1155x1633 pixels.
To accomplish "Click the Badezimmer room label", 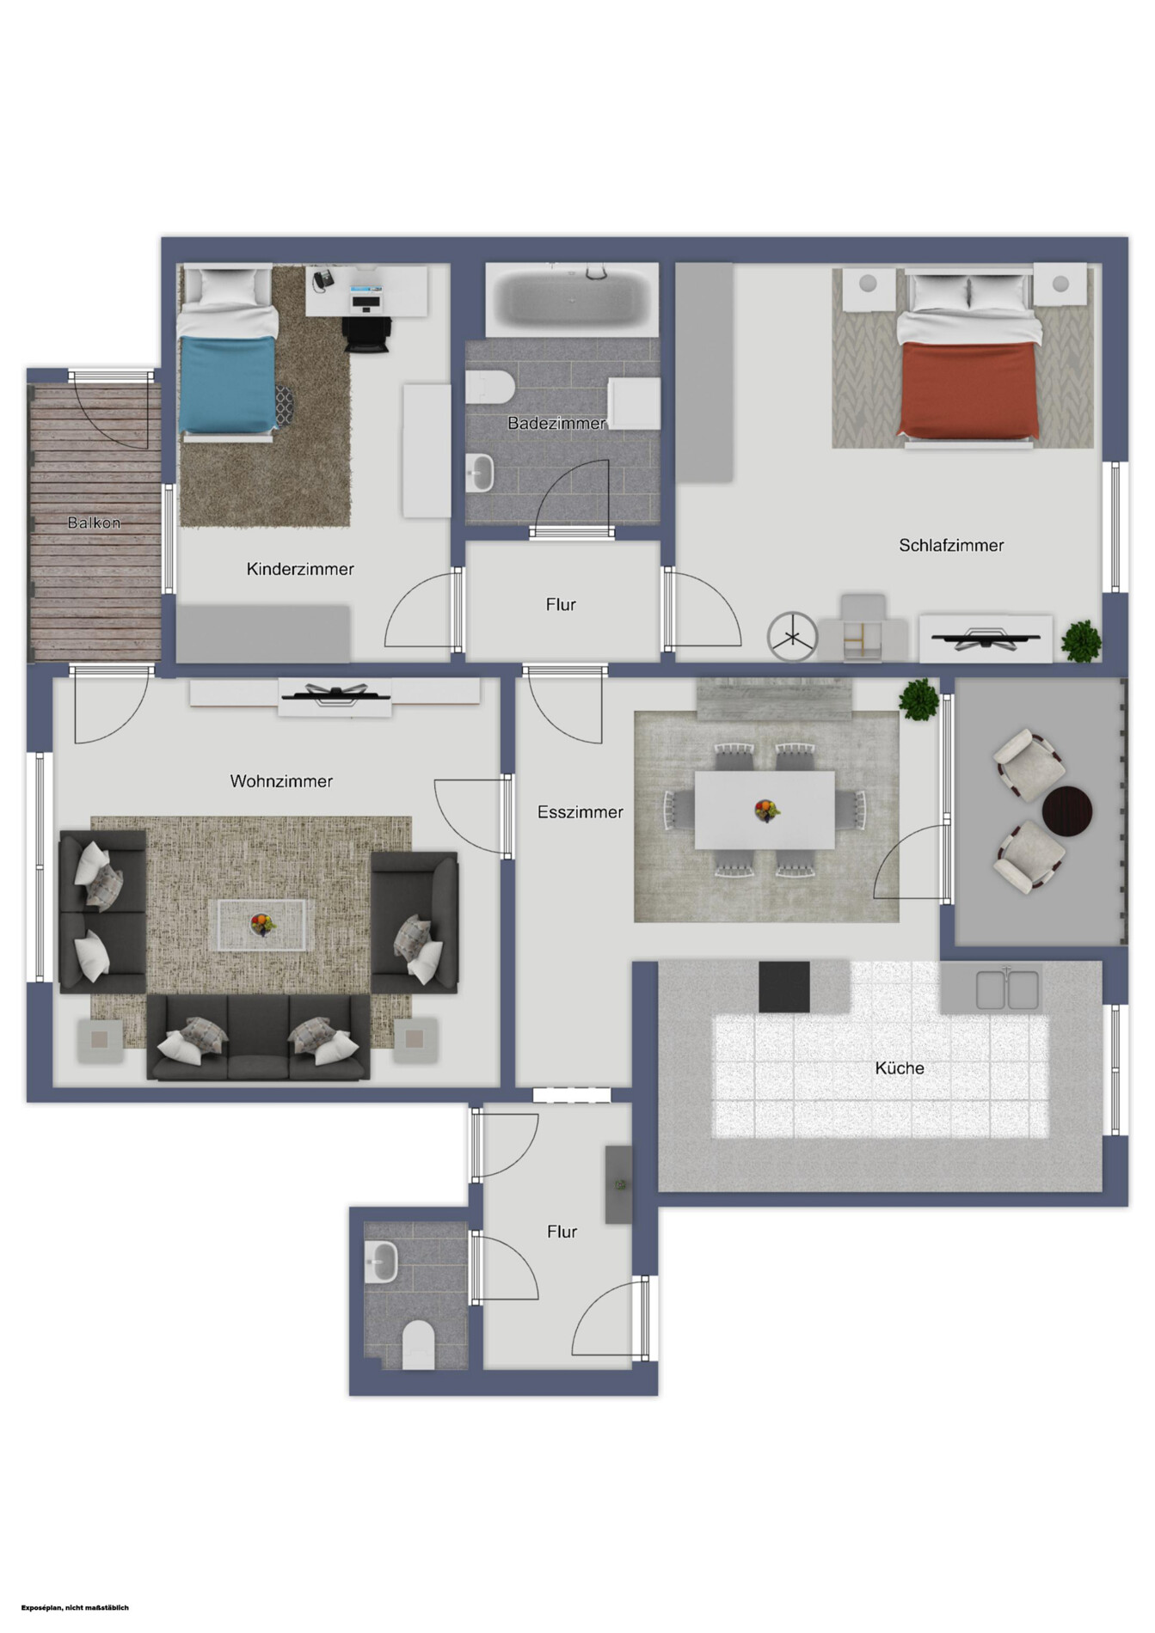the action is coord(556,423).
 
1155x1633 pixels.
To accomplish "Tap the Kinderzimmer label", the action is coord(300,569).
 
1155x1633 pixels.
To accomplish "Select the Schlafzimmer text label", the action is coord(951,545).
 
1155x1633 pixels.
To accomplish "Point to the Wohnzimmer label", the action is coord(281,781).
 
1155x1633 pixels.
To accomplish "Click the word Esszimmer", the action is coord(581,812).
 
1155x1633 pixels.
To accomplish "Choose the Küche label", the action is coord(900,1068).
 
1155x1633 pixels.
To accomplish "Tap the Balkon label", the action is coord(95,523).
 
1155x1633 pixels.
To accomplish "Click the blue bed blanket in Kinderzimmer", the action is coord(228,384).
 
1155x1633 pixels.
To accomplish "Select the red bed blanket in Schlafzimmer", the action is coord(967,389).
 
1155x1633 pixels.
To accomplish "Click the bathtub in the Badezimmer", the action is coord(572,299).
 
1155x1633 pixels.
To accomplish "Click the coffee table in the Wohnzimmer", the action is coord(262,925).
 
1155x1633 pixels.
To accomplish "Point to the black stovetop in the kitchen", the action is coord(784,987).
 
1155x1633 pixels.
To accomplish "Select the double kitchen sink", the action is coord(1008,989).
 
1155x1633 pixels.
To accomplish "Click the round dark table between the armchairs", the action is coord(1067,810).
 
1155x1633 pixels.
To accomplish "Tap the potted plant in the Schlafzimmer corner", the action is coord(1081,641).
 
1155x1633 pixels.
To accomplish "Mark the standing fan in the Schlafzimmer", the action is coord(792,637).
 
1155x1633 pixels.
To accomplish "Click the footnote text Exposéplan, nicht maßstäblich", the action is coord(75,1607).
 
